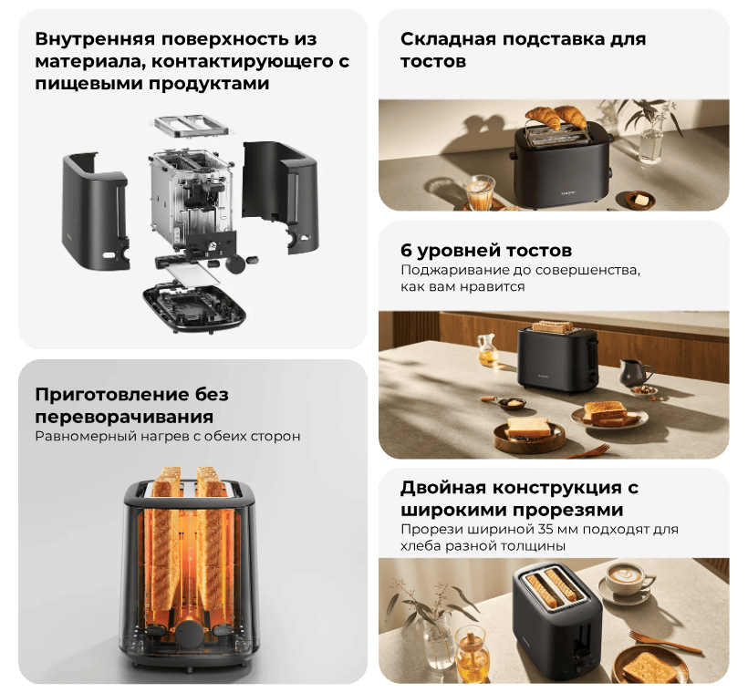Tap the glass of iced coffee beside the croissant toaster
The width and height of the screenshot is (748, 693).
point(478,191)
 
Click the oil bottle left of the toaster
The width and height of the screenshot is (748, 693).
point(487,349)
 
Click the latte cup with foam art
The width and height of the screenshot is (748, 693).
point(627,579)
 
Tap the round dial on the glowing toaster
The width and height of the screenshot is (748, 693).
point(190,632)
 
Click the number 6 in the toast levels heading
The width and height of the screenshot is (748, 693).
point(406,251)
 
